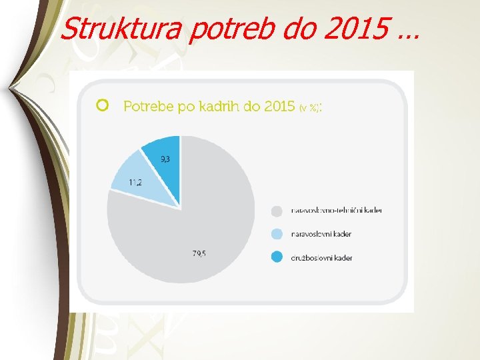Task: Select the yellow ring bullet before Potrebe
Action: (102, 105)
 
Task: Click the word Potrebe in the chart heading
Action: (147, 106)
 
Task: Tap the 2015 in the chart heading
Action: (278, 106)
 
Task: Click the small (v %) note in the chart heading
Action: (308, 107)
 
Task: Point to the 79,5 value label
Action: (198, 253)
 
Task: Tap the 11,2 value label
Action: (135, 182)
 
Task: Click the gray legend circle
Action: (277, 211)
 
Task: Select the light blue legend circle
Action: (277, 234)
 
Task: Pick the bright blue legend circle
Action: (277, 257)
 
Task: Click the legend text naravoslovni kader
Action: (321, 234)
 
